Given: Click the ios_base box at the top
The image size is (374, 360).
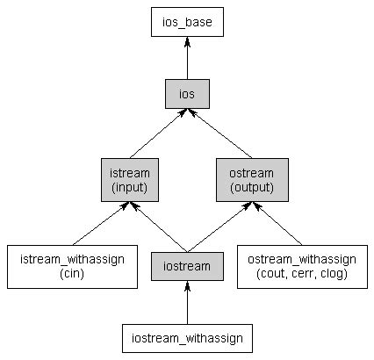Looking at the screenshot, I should coord(186,23).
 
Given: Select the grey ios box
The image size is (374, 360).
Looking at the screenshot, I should coord(186,94).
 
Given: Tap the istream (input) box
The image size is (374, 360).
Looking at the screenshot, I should coord(129,180).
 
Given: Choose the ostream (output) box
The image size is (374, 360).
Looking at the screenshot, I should coord(245,180).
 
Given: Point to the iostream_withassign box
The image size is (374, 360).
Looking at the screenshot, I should coord(187,338).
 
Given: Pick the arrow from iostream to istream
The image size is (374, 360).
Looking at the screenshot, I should coord(158,226).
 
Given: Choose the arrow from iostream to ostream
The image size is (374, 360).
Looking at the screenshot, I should coord(216,226).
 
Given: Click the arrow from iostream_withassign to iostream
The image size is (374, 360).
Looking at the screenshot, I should coord(186,303).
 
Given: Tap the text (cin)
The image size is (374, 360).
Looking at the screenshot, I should coord(72,274).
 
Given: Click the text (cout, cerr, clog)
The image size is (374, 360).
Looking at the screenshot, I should coord(302,274).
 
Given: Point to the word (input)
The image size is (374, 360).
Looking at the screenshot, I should coord(129,187).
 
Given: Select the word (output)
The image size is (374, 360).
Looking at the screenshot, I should coord(245,187).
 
